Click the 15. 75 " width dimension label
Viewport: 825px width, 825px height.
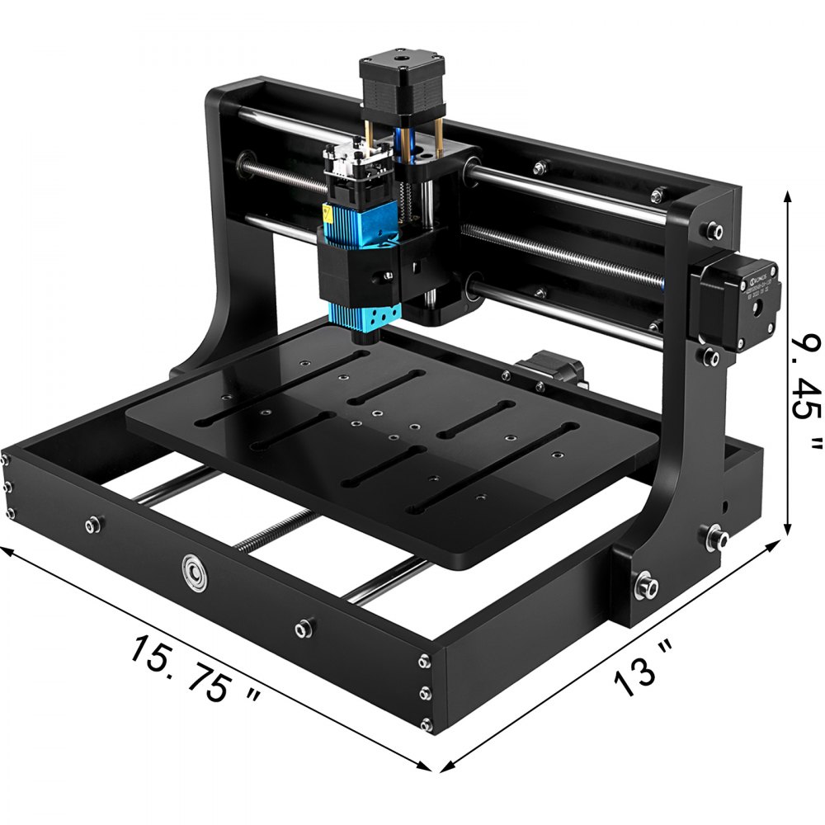[x=194, y=669]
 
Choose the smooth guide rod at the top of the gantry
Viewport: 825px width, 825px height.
[x=569, y=185]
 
